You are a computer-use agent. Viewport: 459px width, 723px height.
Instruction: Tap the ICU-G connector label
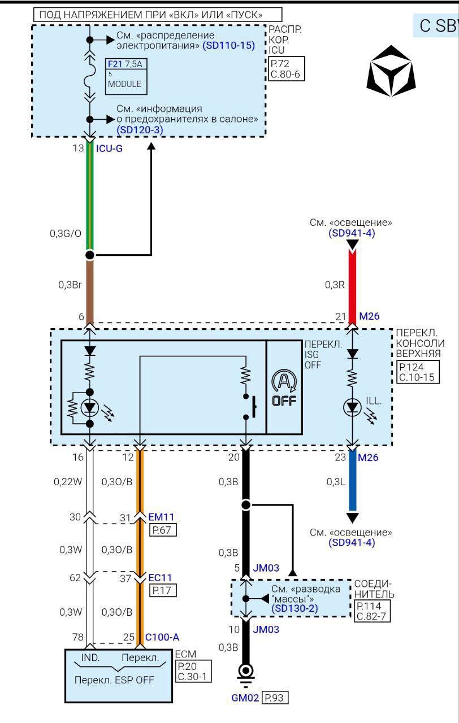(x=110, y=149)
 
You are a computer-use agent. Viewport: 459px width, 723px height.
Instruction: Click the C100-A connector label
(x=162, y=637)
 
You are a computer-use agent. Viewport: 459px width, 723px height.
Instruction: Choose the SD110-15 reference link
(x=228, y=45)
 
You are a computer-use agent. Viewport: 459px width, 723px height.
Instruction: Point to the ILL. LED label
(x=374, y=402)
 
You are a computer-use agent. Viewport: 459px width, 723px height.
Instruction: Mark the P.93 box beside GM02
(x=275, y=698)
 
